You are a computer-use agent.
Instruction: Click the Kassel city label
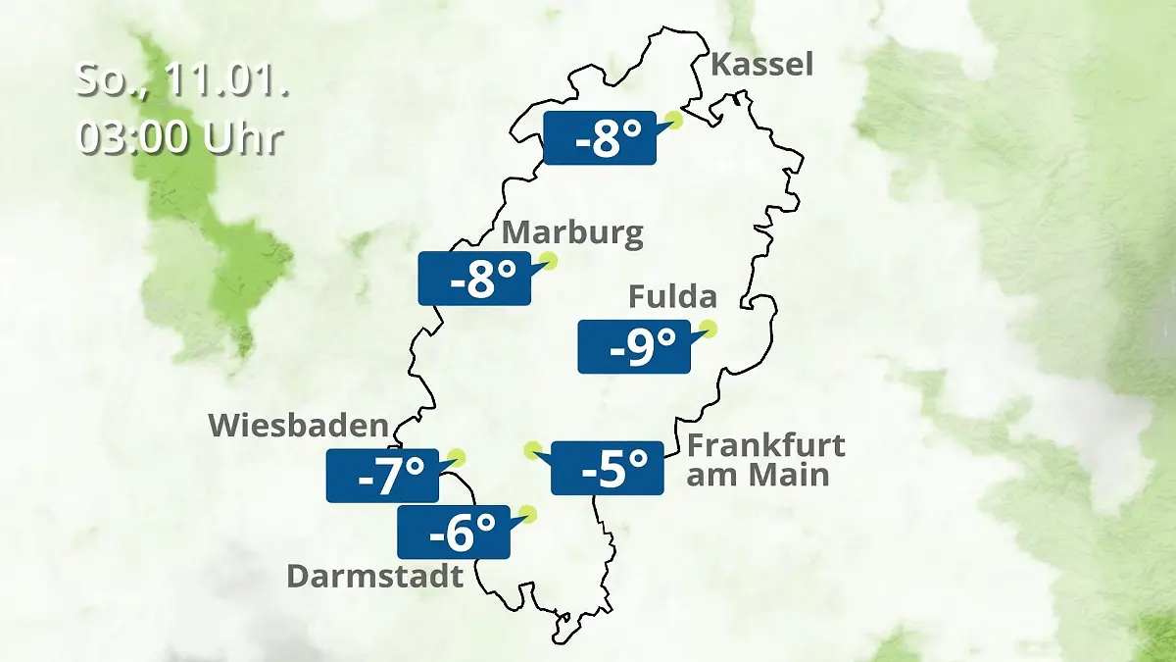pos(761,65)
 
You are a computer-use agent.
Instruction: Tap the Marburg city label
pos(572,233)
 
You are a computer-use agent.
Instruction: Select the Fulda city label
pos(672,296)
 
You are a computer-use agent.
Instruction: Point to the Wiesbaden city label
pos(298,426)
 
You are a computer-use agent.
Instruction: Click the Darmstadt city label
pos(374,576)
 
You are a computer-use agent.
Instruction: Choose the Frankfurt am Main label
pos(765,460)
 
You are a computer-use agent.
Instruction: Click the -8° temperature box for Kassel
pos(599,138)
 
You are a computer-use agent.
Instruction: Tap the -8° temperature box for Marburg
pos(473,279)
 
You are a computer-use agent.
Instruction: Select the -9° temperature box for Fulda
pos(633,346)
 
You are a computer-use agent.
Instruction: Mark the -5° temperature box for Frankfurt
pos(607,468)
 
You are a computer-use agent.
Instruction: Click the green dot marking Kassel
pos(673,120)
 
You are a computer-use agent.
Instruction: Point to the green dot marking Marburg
pos(548,261)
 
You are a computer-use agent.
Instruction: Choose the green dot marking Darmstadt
pos(528,513)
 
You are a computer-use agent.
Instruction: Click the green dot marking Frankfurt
pos(532,450)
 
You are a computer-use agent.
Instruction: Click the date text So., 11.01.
pos(182,80)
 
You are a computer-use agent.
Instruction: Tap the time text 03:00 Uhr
pos(180,138)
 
